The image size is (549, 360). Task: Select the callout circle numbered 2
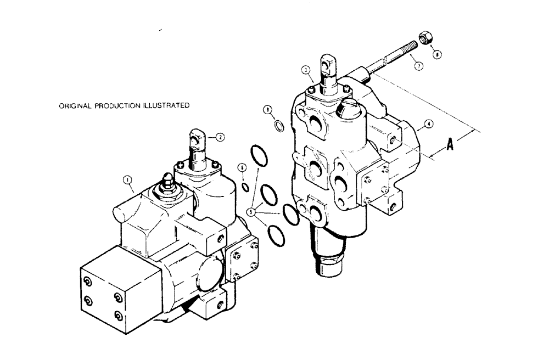point(220,138)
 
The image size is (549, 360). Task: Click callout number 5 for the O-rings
point(252,210)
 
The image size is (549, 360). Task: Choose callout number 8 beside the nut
point(436,54)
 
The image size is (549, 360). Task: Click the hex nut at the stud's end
point(424,38)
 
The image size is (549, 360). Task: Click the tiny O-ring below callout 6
point(244,188)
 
